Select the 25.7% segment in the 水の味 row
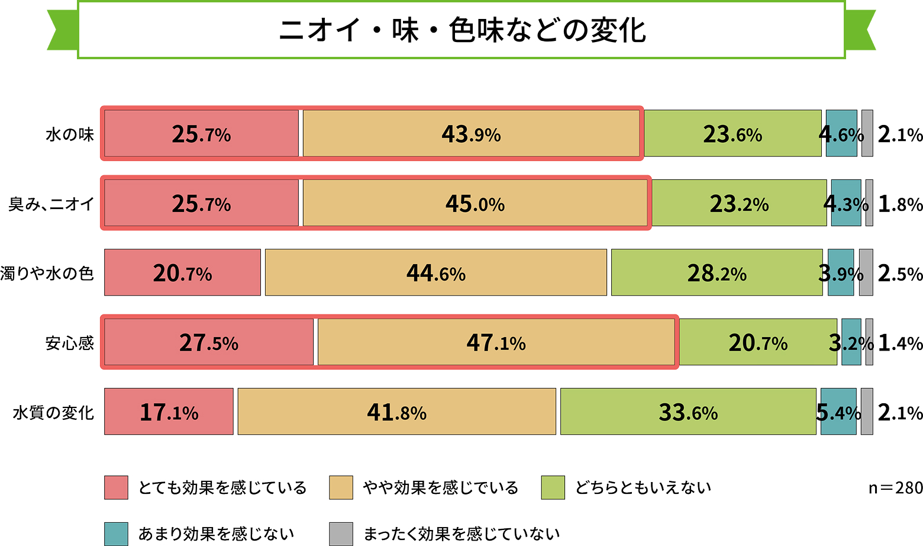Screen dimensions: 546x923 [x=201, y=134]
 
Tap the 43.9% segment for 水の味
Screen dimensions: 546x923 [x=471, y=134]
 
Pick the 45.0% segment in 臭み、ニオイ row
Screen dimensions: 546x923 [x=475, y=203]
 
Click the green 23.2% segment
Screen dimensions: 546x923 [x=739, y=203]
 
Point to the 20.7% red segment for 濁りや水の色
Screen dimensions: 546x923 [x=182, y=272]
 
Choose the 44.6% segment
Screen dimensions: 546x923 [x=436, y=272]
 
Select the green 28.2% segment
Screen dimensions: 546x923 [x=717, y=272]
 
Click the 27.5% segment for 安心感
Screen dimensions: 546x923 [x=209, y=342]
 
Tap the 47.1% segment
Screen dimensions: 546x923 [x=496, y=342]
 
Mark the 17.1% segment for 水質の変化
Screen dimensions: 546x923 [x=169, y=412]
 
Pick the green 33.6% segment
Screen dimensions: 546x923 [x=688, y=412]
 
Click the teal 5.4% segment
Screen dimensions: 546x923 [x=838, y=412]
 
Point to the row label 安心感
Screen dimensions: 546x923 [x=70, y=343]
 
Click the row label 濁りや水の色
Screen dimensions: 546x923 [x=47, y=273]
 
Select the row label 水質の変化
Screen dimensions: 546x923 [x=53, y=412]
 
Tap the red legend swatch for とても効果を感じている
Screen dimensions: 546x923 [x=116, y=487]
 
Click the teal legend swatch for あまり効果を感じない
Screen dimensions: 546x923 [x=116, y=534]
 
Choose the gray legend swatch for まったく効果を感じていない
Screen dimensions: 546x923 [x=341, y=534]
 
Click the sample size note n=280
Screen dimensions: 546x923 [x=895, y=487]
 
